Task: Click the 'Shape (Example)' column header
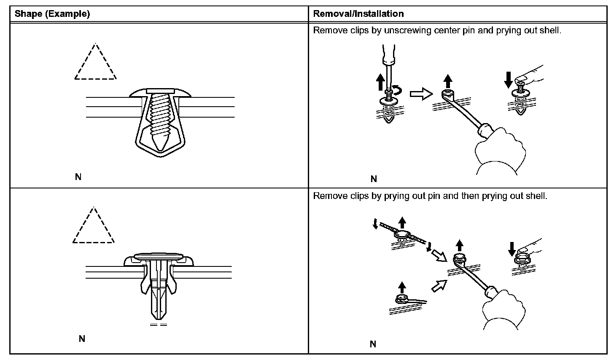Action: click(52, 14)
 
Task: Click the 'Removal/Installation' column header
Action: click(358, 14)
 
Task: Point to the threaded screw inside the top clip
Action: click(159, 118)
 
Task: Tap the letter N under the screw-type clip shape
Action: click(78, 177)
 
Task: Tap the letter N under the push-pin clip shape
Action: click(82, 339)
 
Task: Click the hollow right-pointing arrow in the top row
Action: click(421, 94)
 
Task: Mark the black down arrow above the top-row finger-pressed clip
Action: click(508, 79)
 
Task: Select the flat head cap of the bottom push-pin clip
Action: click(159, 256)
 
